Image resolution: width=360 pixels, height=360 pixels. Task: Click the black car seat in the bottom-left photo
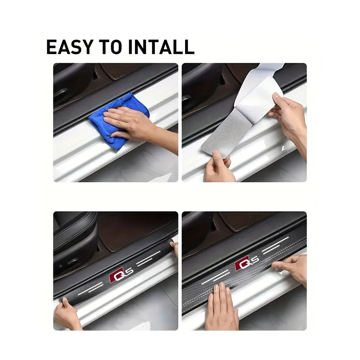74,245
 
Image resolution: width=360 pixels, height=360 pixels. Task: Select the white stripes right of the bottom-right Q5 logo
277,245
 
